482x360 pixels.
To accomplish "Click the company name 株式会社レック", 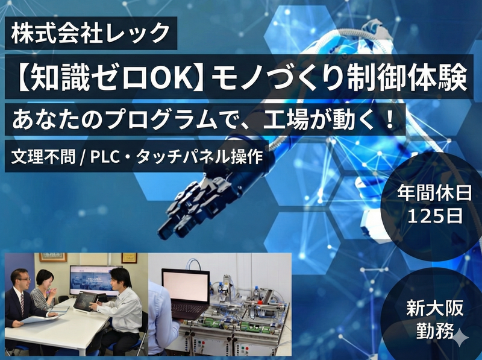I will click(90, 33).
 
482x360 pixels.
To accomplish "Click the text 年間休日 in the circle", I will click(434, 194).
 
